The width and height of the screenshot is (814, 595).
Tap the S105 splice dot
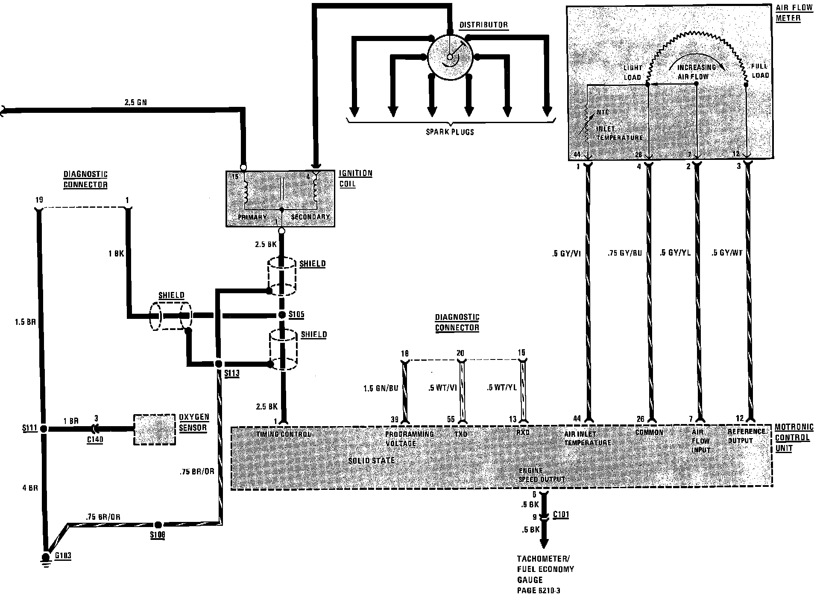282,315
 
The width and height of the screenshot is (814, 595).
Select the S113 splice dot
218,364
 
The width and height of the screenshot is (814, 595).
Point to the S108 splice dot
158,525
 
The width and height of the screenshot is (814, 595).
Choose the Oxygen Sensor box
154,429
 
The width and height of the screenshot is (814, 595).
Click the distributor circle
450,57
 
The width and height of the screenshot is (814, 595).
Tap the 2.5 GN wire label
135,103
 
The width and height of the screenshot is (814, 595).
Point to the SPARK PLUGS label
450,132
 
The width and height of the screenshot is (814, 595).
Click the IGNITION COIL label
355,179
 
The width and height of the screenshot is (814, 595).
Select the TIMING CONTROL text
283,434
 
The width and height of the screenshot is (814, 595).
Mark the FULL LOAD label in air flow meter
760,71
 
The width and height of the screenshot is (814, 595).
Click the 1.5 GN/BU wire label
381,389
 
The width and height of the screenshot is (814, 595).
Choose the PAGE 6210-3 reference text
538,590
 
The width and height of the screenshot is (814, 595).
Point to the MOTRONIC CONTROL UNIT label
792,438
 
